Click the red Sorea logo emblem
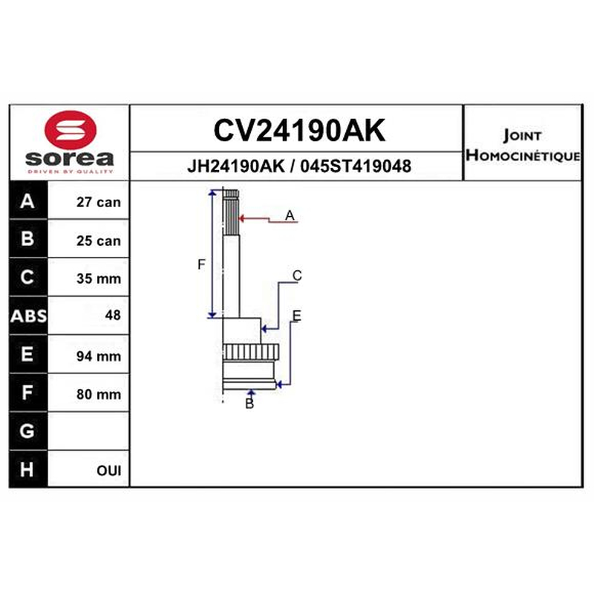[71, 129]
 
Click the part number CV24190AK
[299, 131]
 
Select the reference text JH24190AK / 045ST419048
[299, 166]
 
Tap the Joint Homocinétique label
[523, 146]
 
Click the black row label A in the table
[27, 200]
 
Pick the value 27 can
[99, 202]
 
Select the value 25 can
[99, 241]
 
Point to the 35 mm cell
[99, 278]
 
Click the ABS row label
[28, 316]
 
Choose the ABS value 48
[113, 315]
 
